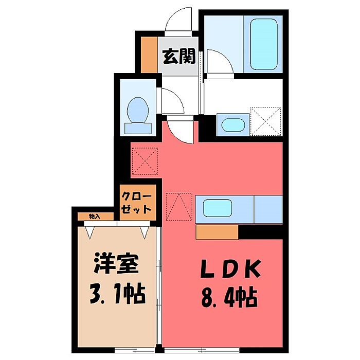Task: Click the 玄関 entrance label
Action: click(179, 56)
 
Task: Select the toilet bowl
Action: click(138, 110)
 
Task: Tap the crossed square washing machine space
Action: click(265, 121)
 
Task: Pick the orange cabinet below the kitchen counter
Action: click(217, 232)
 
